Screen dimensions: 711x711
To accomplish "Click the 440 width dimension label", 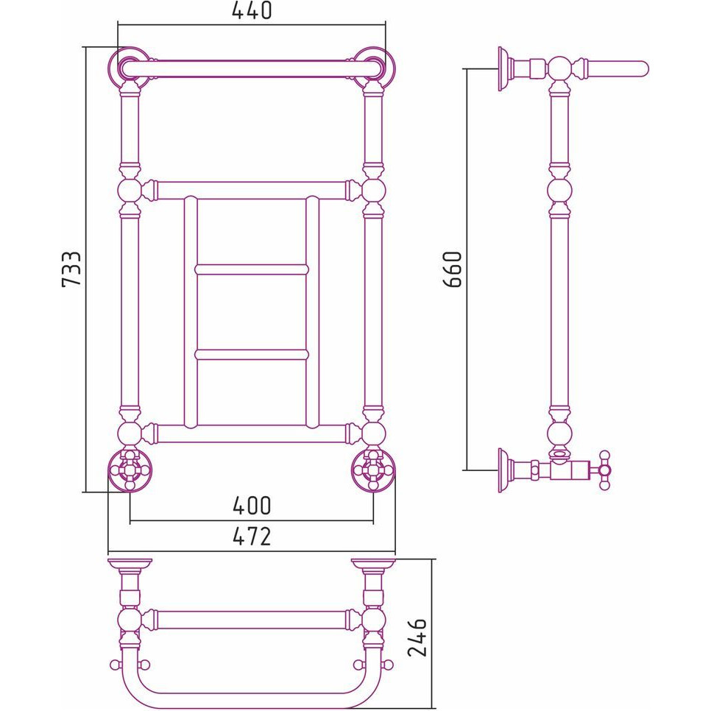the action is coord(252,11).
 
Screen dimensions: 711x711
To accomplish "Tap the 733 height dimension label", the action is coord(71,269).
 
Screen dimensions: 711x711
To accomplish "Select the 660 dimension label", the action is coord(452,269).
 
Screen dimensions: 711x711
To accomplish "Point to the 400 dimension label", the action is coord(252,506).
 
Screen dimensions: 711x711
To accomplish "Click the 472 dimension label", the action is coord(252,537).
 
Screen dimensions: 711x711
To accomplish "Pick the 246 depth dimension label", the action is coord(417,637).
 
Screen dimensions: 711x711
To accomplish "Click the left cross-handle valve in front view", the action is coord(130,470).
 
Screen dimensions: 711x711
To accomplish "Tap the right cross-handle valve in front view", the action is coord(373,470).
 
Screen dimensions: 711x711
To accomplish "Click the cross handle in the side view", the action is coord(604,470).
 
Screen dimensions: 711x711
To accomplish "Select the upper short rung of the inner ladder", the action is coord(252,270).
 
